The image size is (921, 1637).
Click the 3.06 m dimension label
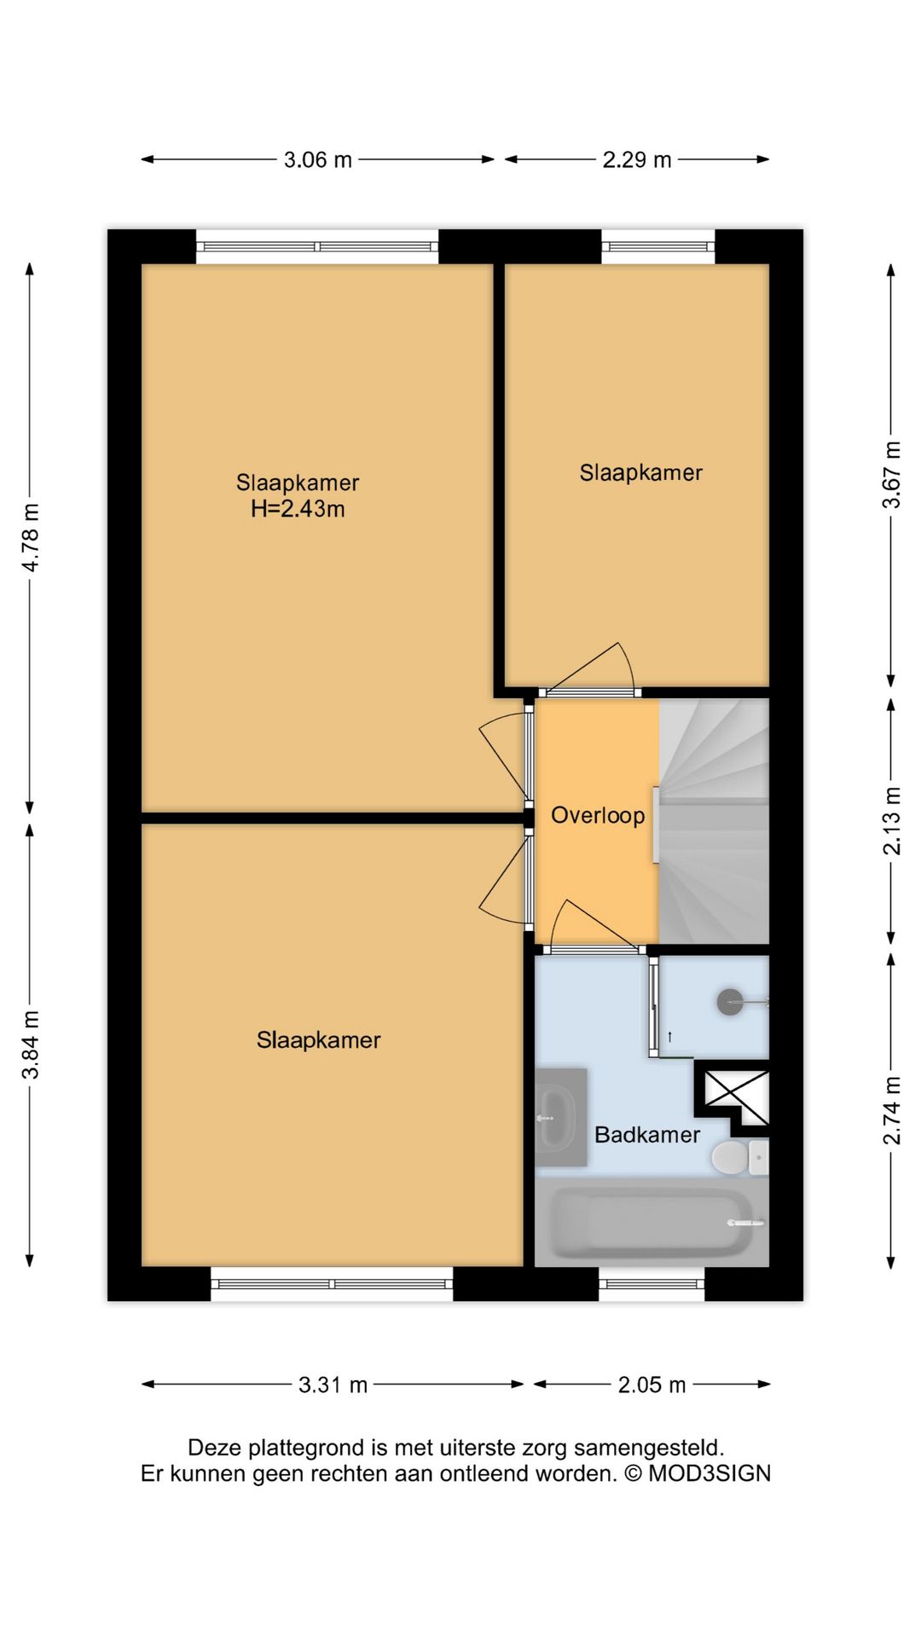coord(317,159)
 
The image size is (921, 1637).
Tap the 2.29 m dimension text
coord(637,159)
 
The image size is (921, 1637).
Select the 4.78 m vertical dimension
coord(31,538)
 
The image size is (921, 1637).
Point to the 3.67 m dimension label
coord(891,475)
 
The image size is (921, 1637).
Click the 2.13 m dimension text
coord(891,820)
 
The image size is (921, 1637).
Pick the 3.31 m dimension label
coord(333,1385)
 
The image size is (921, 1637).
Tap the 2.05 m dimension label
coord(652,1385)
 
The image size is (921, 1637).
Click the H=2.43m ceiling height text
coord(298,509)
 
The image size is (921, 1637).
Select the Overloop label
coord(598,816)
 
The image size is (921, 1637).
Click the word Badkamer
coord(647,1135)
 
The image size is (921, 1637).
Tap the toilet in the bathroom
coord(739,1157)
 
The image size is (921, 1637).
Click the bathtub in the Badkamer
coord(652,1223)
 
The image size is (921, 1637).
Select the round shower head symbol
coord(731,1002)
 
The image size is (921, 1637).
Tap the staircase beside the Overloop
coord(715,821)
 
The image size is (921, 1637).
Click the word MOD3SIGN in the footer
coord(710,1474)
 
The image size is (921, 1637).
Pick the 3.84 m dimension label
coord(31,1044)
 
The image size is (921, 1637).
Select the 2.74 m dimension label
coord(891,1111)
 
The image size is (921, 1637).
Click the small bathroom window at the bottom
coord(652,1284)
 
